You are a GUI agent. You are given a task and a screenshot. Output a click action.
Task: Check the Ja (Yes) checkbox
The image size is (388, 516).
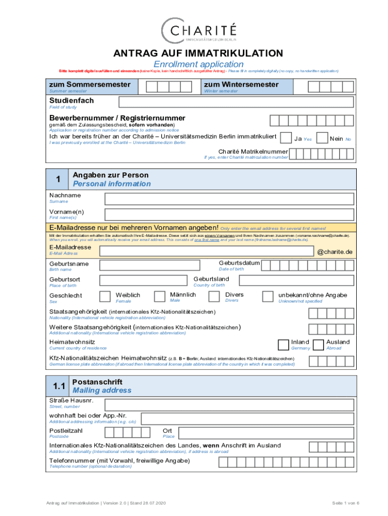tap(285, 138)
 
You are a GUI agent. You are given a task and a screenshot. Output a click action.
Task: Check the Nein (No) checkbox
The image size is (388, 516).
tap(322, 138)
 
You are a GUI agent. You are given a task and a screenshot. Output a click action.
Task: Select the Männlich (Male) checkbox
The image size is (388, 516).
tap(160, 296)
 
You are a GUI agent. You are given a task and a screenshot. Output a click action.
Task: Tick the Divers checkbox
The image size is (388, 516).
tap(214, 296)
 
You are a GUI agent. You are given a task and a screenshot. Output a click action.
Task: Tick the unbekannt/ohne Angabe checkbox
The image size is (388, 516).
tap(268, 296)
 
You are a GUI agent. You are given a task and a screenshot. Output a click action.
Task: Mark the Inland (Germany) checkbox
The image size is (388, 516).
tap(283, 344)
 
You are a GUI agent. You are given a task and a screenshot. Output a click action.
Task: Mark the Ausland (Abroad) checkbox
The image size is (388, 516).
tap(318, 344)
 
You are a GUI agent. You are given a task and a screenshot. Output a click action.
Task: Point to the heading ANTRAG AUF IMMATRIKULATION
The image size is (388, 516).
tap(198, 53)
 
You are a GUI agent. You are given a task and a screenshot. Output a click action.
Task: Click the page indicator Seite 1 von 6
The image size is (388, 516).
tap(345, 503)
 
